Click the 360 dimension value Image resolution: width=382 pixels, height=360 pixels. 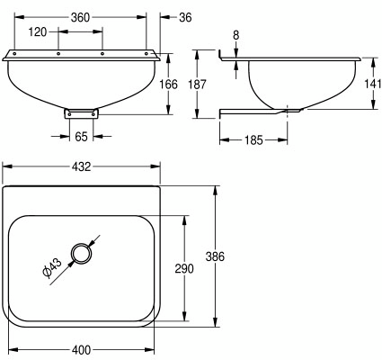[x=80, y=17]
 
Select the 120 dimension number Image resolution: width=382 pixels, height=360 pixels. [x=38, y=31]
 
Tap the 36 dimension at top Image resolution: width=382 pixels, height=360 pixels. [x=185, y=17]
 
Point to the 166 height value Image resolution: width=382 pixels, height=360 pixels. [x=168, y=85]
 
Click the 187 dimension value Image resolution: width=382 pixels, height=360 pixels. [x=197, y=85]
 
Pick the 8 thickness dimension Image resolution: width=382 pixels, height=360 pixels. [x=236, y=35]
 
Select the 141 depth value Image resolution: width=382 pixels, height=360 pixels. [x=373, y=85]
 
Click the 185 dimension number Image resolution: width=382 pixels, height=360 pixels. [x=253, y=140]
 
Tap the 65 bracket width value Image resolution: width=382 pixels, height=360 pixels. [x=81, y=137]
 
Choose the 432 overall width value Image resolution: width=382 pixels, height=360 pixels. [x=81, y=166]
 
